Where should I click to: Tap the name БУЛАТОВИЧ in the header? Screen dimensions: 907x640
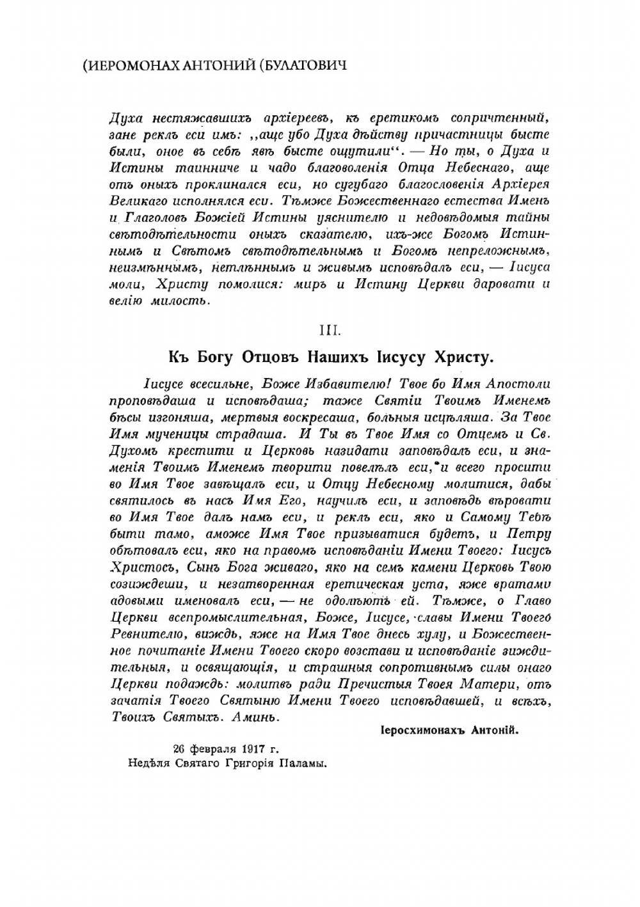click(x=303, y=65)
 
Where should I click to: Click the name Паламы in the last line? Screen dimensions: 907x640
click(x=305, y=762)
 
